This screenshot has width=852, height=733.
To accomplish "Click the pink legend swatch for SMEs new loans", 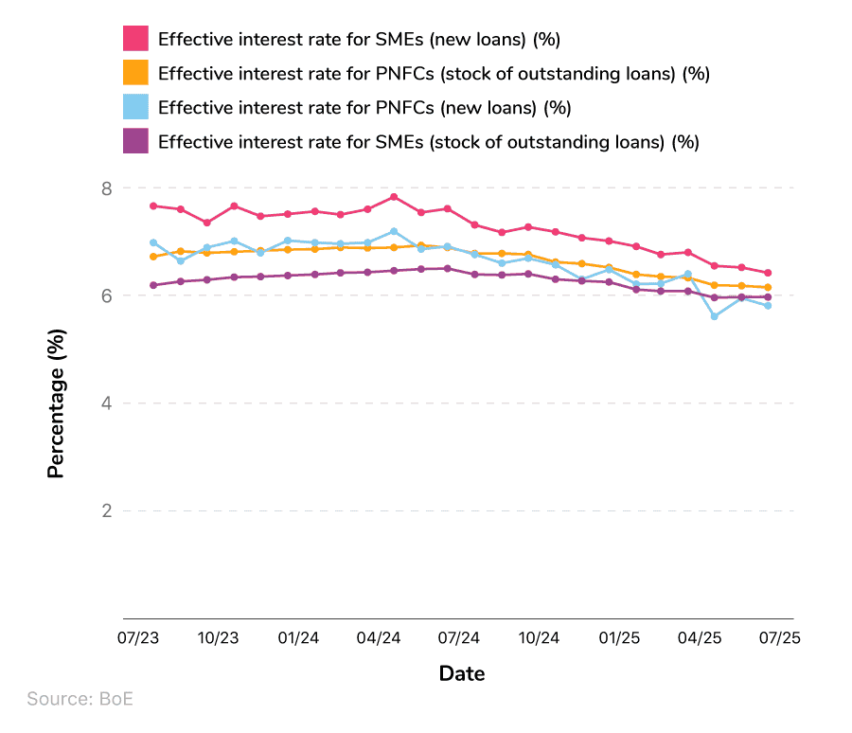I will [136, 39].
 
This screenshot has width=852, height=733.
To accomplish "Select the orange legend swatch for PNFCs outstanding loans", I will [136, 73].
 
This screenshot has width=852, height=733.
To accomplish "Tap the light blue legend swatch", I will [136, 107].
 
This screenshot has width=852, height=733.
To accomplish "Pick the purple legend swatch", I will [136, 142].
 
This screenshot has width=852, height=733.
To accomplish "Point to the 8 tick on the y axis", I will [106, 188].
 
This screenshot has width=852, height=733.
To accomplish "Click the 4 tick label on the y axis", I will [106, 403].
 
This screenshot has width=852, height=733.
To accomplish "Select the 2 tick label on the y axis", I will [106, 511].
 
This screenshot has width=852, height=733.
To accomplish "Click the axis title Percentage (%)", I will [57, 403].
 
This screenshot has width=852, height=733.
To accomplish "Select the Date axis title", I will [462, 674].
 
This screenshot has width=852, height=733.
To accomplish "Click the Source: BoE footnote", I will [80, 700].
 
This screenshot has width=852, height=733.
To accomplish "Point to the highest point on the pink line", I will [394, 197].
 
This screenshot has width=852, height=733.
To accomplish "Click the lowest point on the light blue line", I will [715, 316].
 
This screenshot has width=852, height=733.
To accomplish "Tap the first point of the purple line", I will [153, 285].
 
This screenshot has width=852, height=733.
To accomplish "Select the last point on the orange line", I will [768, 287].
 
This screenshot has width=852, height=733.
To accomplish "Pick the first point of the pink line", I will [153, 206].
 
